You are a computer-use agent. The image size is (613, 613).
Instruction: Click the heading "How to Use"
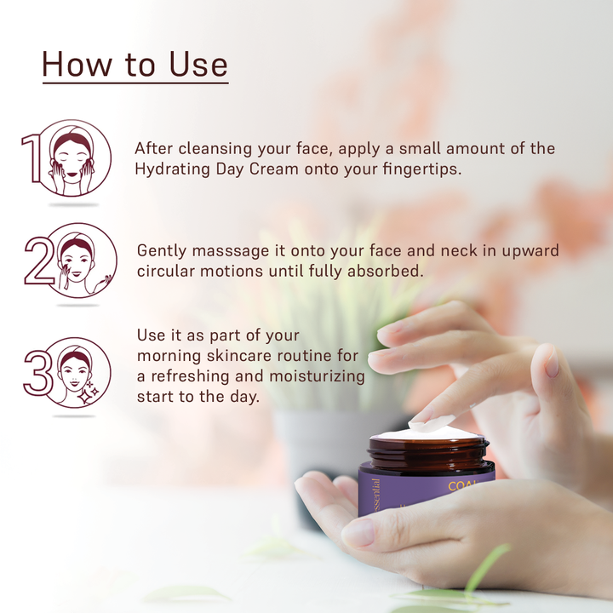coord(135,65)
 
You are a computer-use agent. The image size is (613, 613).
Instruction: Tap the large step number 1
coord(32,158)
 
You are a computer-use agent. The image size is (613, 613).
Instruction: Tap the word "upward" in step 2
coord(528,251)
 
